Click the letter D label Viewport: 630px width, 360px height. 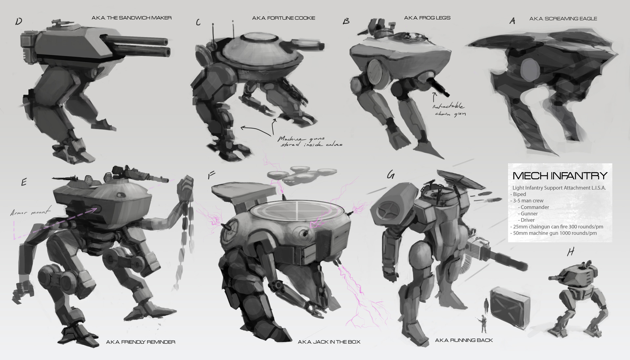[19, 22]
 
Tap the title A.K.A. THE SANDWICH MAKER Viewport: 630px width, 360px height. [131, 18]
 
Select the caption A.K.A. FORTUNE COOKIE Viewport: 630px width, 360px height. [283, 18]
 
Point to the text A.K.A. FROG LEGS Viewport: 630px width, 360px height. [427, 18]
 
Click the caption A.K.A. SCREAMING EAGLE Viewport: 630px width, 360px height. [563, 19]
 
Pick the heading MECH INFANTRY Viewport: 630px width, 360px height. [560, 176]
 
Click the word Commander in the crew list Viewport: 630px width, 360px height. [535, 207]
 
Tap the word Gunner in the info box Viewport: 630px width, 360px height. [529, 214]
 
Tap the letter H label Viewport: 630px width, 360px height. [571, 252]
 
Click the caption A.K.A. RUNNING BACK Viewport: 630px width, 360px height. [464, 340]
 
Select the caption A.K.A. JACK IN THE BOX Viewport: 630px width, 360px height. [329, 342]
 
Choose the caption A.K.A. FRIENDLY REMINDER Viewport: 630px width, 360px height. [140, 342]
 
